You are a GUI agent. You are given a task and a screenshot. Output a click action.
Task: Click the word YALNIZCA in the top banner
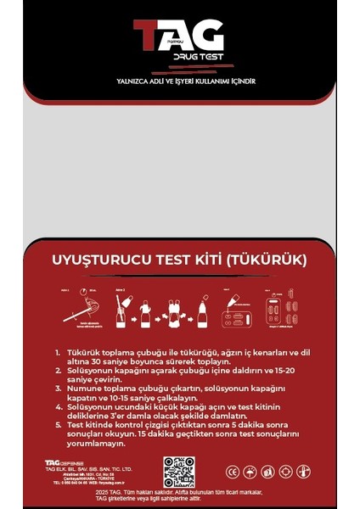(x=118, y=82)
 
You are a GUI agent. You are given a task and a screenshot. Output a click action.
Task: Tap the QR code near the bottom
(x=179, y=471)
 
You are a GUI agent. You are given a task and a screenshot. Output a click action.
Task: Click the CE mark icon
(x=232, y=472)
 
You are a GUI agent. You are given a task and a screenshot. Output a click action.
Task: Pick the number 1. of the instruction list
(x=58, y=351)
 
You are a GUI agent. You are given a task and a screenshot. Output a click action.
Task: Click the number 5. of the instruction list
(x=58, y=422)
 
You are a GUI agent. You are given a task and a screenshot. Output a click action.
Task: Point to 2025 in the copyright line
(x=105, y=492)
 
